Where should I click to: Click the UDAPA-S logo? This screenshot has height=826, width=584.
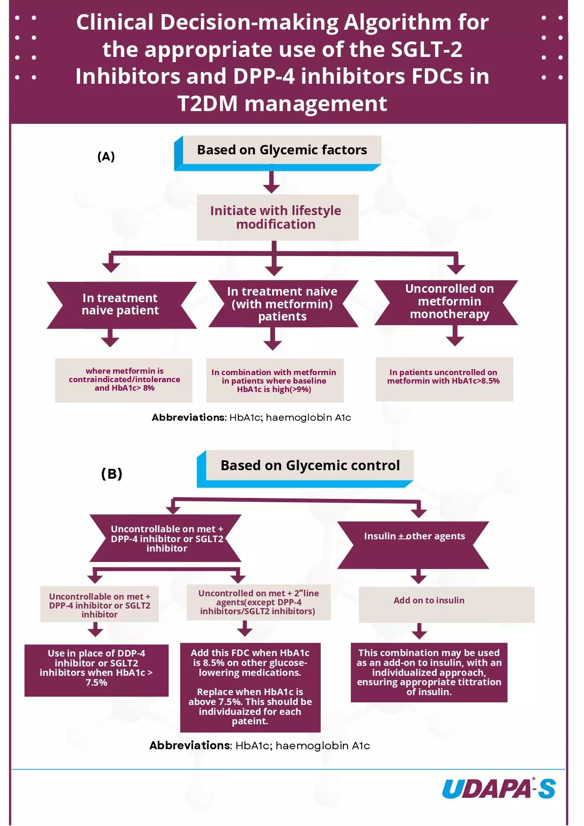pyautogui.click(x=499, y=789)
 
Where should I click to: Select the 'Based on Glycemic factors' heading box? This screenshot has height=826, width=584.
pyautogui.click(x=282, y=150)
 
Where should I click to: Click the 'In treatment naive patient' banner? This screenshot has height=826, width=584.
pyautogui.click(x=121, y=305)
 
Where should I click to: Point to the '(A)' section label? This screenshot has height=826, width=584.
pyautogui.click(x=106, y=157)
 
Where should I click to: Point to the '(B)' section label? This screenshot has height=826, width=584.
pyautogui.click(x=112, y=473)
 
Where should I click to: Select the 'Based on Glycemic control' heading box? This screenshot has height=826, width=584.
pyautogui.click(x=309, y=465)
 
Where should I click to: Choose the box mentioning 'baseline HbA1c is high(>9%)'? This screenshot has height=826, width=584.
pyautogui.click(x=275, y=380)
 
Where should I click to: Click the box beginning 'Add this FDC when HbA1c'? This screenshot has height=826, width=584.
pyautogui.click(x=250, y=687)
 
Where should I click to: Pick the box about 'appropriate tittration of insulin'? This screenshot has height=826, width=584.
pyautogui.click(x=429, y=672)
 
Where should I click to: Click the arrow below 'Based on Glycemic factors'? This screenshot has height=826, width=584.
pyautogui.click(x=271, y=182)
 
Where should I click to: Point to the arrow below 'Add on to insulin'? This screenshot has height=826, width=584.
pyautogui.click(x=419, y=631)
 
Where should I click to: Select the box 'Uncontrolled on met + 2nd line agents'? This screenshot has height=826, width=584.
pyautogui.click(x=259, y=602)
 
